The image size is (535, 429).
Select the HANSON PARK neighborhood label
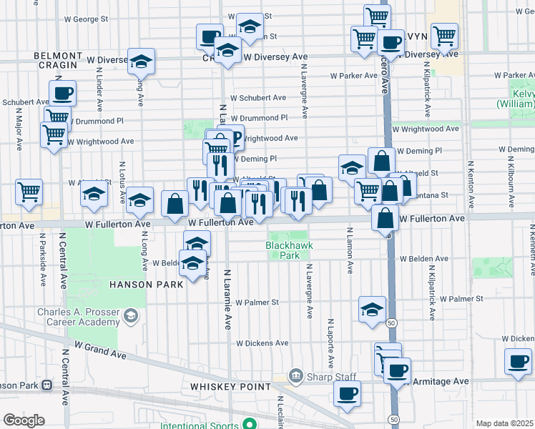pyautogui.click(x=146, y=284)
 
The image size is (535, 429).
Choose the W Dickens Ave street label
pyautogui.click(x=262, y=343)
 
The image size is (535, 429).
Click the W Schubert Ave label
pyautogui.click(x=258, y=98)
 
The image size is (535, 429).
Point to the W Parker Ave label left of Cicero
pyautogui.click(x=353, y=75)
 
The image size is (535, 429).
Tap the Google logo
pyautogui.click(x=24, y=420)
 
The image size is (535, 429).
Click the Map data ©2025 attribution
pyautogui.click(x=504, y=423)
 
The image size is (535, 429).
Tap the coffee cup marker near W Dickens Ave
pyautogui.click(x=518, y=361)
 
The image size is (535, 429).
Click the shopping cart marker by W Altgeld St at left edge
pyautogui.click(x=29, y=192)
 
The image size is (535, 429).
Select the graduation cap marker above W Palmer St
pyautogui.click(x=372, y=310)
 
